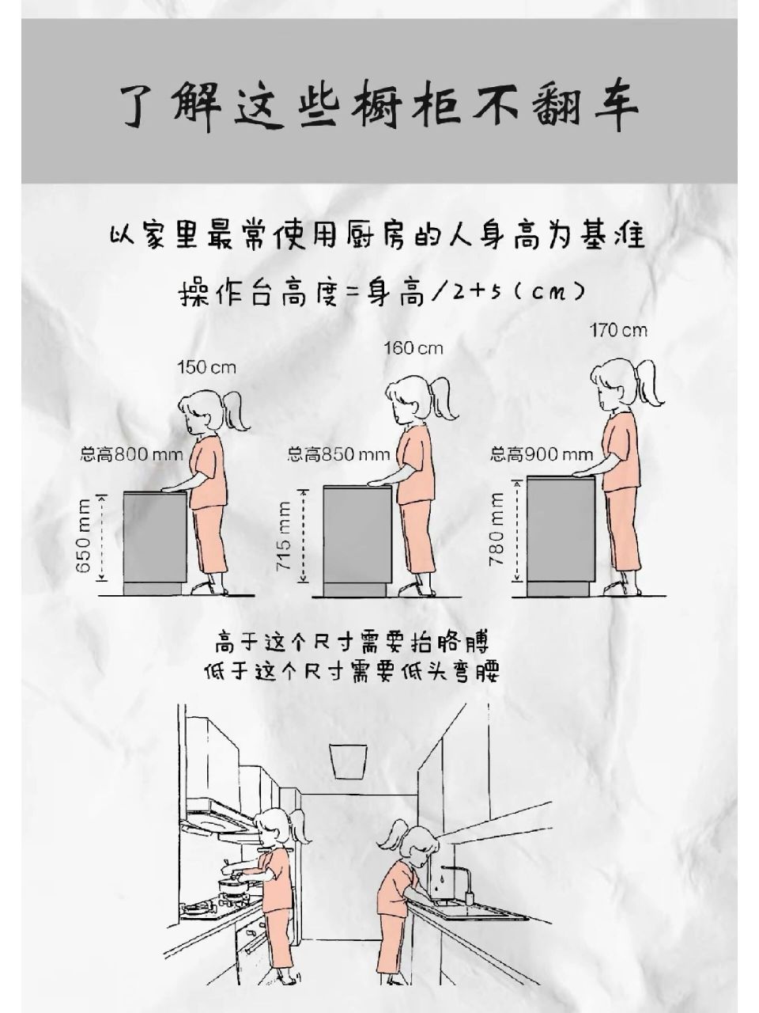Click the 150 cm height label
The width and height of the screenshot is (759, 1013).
pyautogui.click(x=206, y=367)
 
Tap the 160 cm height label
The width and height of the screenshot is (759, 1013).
pyautogui.click(x=413, y=347)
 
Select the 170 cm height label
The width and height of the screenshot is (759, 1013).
pyautogui.click(x=618, y=330)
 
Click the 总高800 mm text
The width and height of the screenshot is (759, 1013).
pyautogui.click(x=131, y=454)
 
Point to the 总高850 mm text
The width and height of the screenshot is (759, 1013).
pyautogui.click(x=338, y=454)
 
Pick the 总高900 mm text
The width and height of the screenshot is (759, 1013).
pyautogui.click(x=542, y=454)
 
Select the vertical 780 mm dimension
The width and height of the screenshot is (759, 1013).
pyautogui.click(x=497, y=529)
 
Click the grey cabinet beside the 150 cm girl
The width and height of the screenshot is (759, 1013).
pyautogui.click(x=154, y=538)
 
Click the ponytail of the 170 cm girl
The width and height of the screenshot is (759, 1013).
pyautogui.click(x=651, y=384)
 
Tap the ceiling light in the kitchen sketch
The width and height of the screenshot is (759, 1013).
pyautogui.click(x=348, y=761)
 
